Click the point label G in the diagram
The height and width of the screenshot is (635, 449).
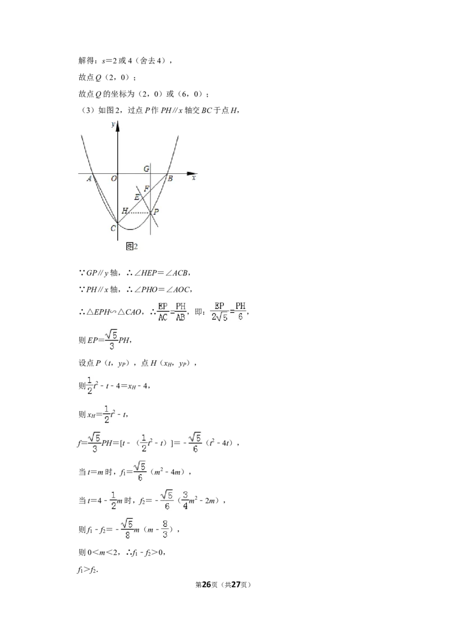146,168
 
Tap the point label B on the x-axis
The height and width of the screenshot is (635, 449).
170,178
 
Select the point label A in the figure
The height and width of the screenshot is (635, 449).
89,178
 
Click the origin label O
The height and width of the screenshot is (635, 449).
114,178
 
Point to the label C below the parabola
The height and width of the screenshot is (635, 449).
113,228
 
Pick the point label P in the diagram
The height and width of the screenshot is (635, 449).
157,211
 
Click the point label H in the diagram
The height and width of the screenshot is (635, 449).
125,210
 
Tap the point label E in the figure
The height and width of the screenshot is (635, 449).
137,197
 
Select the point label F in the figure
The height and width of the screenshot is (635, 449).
146,188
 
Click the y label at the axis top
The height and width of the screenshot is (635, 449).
113,124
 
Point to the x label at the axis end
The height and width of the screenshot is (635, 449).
194,178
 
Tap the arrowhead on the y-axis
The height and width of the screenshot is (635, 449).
117,126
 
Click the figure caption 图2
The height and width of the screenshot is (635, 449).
132,246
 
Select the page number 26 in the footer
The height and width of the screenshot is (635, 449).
207,585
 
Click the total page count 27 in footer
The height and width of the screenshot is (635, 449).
235,585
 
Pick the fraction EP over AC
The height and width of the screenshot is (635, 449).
163,312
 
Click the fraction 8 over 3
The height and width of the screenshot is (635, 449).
165,530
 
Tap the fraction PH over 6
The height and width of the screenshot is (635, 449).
240,311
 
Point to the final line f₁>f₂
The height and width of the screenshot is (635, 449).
88,570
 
